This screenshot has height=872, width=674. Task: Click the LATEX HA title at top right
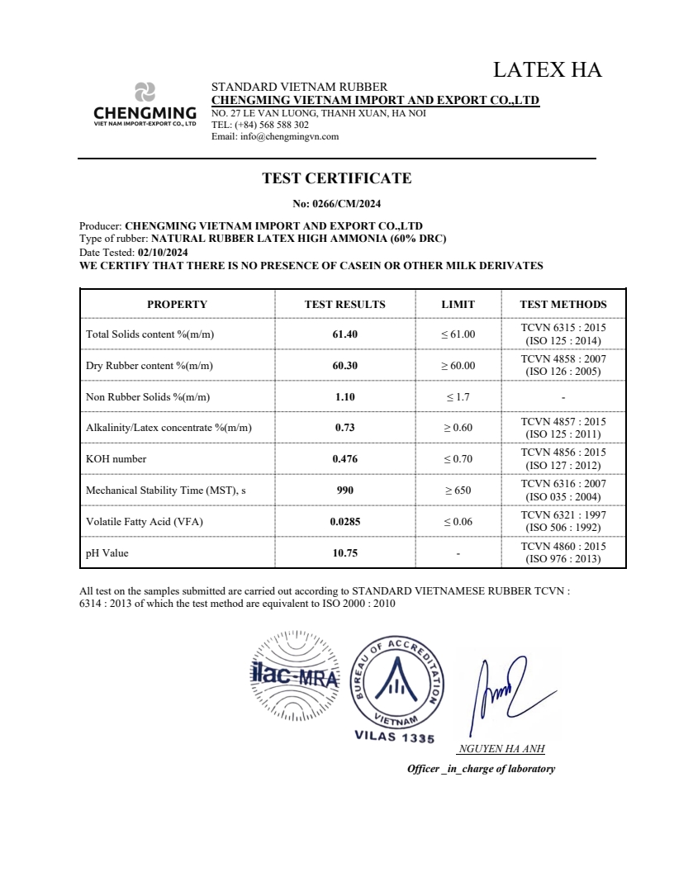(x=547, y=69)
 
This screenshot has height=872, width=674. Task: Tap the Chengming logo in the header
(x=145, y=104)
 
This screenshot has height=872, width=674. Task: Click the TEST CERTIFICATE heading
(x=336, y=178)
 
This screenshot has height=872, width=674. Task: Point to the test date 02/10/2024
(x=164, y=252)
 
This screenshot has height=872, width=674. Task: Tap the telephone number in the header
(x=272, y=125)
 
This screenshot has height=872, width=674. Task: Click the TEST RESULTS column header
(x=344, y=304)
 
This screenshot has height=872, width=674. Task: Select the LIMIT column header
(x=458, y=304)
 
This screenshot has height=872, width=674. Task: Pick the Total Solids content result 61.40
(x=344, y=334)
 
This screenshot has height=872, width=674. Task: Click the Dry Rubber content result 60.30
(x=344, y=365)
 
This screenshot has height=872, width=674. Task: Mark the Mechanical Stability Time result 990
(x=344, y=490)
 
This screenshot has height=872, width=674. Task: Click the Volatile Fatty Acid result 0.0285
(x=344, y=521)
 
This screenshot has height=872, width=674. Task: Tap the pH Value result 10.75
(x=344, y=552)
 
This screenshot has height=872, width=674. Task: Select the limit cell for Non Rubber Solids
(x=458, y=396)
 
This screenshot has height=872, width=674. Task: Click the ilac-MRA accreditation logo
(x=295, y=677)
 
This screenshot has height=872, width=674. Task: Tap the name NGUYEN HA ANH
(x=501, y=749)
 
